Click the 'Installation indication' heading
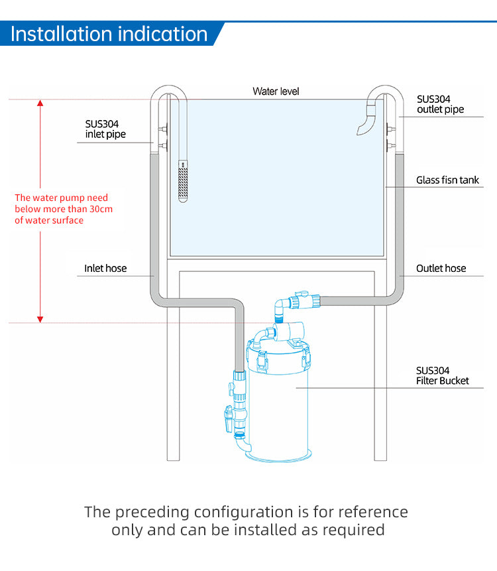109,34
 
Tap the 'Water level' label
276,91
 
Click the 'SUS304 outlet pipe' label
440,104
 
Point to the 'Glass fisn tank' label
447,180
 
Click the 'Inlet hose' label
105,269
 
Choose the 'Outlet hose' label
441,269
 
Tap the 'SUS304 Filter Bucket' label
442,375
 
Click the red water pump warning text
64,209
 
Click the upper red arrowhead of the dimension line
40,104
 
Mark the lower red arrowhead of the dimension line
40,318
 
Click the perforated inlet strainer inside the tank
184,182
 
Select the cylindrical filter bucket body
278,405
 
